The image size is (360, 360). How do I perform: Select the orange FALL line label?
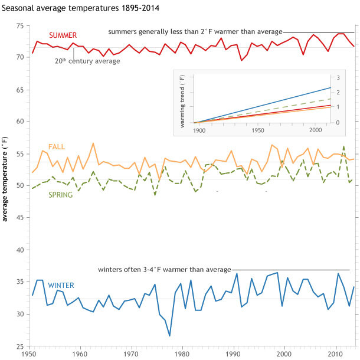tap(57, 146)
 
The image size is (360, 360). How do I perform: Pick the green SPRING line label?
tap(60, 195)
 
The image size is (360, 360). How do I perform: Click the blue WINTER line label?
tap(61, 285)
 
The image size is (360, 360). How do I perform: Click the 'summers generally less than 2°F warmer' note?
tap(195, 31)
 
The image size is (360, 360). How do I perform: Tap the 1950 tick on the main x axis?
tap(30, 354)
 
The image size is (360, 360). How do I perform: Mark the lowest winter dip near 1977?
tap(170, 336)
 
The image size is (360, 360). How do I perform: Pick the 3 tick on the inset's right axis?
tap(339, 78)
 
